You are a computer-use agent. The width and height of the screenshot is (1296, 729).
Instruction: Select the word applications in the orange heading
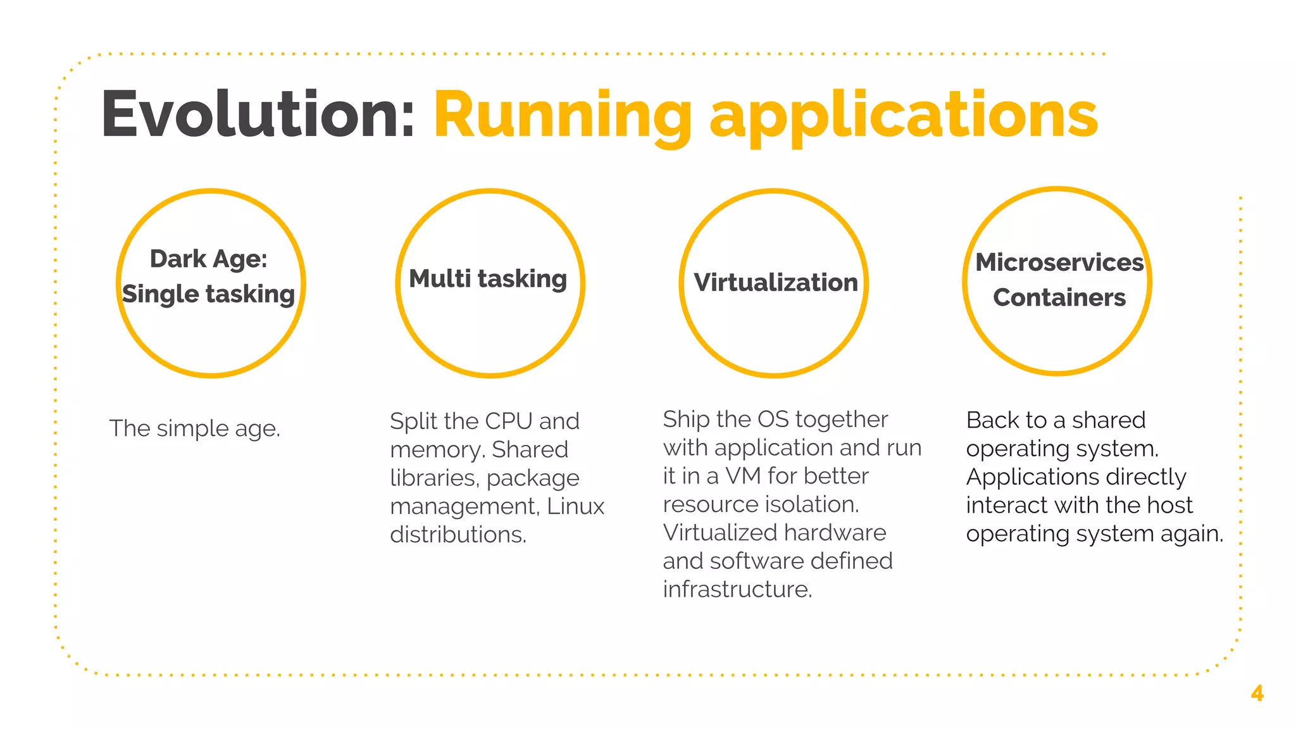(x=904, y=115)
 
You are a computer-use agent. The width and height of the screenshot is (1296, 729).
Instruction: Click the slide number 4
(x=1257, y=694)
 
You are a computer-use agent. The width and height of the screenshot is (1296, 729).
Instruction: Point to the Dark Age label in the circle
(x=208, y=259)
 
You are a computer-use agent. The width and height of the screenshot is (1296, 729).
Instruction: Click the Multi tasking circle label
(x=488, y=279)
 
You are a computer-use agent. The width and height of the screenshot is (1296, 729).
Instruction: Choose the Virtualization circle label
(x=776, y=283)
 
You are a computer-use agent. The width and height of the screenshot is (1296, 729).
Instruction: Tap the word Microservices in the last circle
(x=1059, y=263)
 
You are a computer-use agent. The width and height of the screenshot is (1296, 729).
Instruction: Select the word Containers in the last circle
(x=1059, y=298)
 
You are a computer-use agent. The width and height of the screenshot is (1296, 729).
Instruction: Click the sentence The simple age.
(x=194, y=428)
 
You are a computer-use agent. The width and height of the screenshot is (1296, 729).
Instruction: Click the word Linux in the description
(x=575, y=506)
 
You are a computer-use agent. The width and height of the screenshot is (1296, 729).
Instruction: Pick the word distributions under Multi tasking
(x=458, y=535)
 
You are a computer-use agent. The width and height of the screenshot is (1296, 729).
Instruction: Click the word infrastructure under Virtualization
(x=737, y=590)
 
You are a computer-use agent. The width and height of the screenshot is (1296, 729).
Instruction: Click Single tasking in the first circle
(x=208, y=294)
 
